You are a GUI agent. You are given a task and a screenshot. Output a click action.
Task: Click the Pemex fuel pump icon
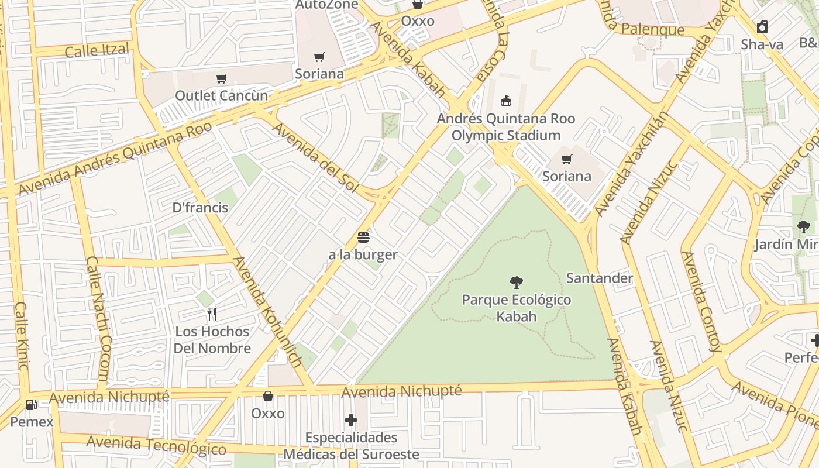(x=31, y=404)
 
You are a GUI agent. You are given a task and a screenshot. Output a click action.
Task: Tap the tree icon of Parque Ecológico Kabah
(x=516, y=283)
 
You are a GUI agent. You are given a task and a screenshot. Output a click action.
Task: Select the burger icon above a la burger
(x=363, y=238)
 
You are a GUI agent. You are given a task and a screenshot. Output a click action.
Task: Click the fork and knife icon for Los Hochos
(x=212, y=314)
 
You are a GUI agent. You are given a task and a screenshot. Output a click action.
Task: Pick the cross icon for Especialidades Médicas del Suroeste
(x=351, y=420)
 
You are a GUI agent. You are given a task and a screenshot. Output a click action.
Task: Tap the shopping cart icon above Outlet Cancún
(x=222, y=78)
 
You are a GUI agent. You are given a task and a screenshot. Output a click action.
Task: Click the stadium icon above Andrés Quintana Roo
(x=506, y=101)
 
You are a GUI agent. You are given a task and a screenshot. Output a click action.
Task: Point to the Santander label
(x=600, y=278)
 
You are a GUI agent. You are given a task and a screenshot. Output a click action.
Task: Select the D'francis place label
(x=200, y=207)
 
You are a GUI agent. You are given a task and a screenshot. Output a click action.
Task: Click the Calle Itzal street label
(x=97, y=50)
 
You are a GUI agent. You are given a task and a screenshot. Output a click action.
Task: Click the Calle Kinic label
(x=22, y=336)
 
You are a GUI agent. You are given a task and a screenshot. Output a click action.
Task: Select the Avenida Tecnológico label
(x=156, y=445)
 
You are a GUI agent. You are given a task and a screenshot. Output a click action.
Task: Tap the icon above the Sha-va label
(x=762, y=27)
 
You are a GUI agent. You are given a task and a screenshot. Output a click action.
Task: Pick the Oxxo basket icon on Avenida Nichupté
(x=268, y=396)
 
